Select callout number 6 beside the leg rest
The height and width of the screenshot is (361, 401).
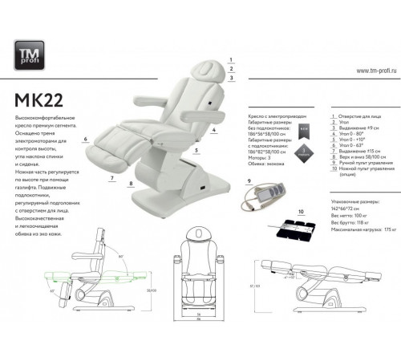click(x=83, y=139)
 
